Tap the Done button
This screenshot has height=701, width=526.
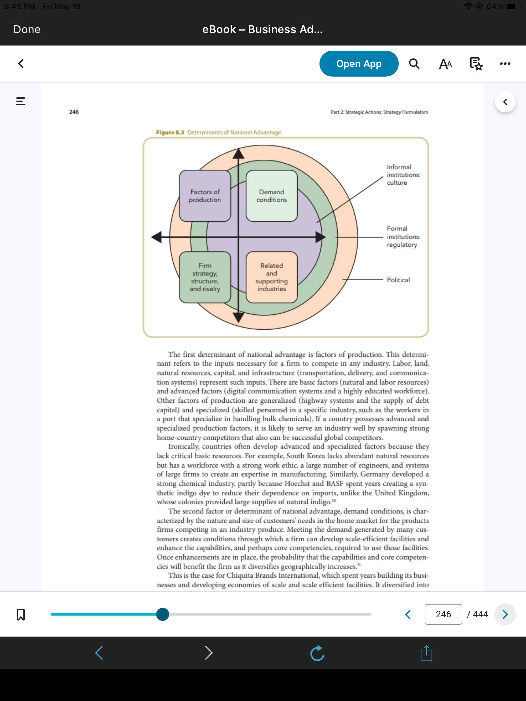[27, 30]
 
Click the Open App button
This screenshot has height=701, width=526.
[359, 64]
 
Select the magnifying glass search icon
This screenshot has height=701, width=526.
[414, 64]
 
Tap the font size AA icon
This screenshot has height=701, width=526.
[445, 64]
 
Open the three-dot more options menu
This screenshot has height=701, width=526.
[505, 64]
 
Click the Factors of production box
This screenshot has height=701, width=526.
[205, 196]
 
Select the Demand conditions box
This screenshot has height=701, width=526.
[272, 196]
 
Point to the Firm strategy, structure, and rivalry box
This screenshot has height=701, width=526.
[205, 277]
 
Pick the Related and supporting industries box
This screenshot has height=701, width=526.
[272, 277]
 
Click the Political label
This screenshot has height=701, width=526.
[398, 280]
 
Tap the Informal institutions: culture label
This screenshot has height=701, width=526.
[404, 175]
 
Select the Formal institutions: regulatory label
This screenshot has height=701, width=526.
[404, 237]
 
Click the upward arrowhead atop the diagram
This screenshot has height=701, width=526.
[239, 153]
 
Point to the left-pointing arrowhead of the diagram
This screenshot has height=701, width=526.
[157, 237]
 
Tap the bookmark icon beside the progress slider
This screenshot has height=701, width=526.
[21, 614]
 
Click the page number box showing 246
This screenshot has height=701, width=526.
[443, 614]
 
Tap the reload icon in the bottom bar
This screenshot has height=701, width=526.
[317, 653]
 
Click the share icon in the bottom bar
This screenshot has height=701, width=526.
[426, 653]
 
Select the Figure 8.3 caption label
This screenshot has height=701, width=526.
[219, 132]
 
